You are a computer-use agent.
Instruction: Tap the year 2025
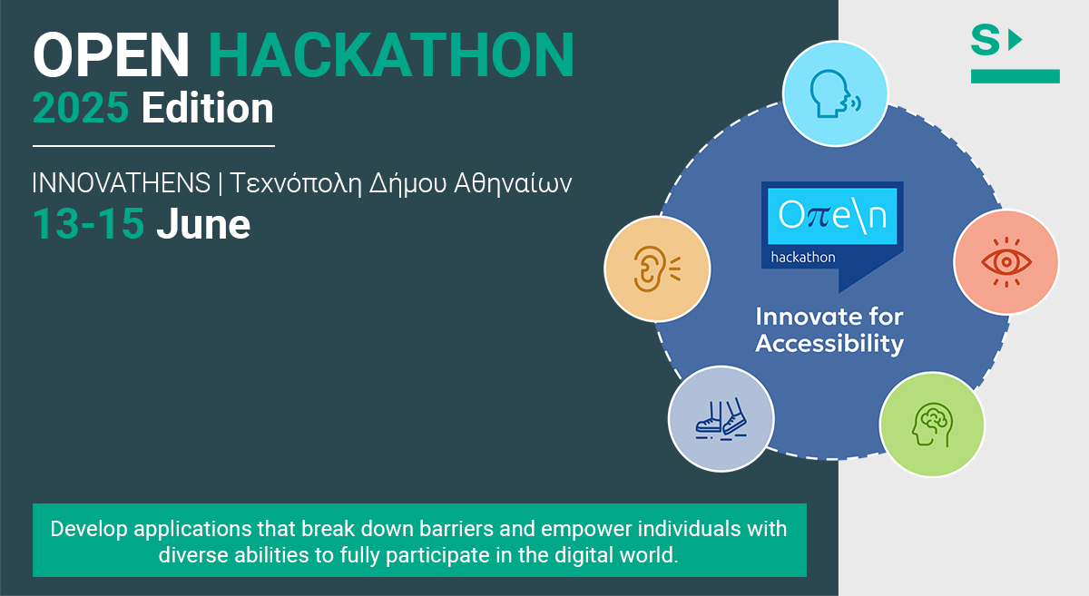(81, 107)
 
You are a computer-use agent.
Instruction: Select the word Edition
(208, 107)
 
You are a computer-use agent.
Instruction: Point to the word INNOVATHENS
(122, 182)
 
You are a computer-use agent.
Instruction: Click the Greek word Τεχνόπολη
(295, 184)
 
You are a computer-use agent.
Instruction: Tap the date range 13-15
(89, 224)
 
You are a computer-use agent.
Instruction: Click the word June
(203, 224)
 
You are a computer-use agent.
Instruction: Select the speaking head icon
(835, 93)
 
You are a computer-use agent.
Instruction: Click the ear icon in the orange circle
(657, 269)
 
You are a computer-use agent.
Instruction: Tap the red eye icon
(1006, 262)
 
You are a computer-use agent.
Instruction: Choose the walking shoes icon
(721, 419)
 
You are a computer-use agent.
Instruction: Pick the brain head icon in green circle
(932, 425)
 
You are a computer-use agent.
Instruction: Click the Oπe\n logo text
(832, 215)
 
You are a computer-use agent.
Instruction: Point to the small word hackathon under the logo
(803, 257)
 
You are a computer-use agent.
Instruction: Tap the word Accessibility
(829, 344)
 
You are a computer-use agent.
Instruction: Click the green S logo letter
(985, 40)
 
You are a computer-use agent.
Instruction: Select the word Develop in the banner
(89, 530)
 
